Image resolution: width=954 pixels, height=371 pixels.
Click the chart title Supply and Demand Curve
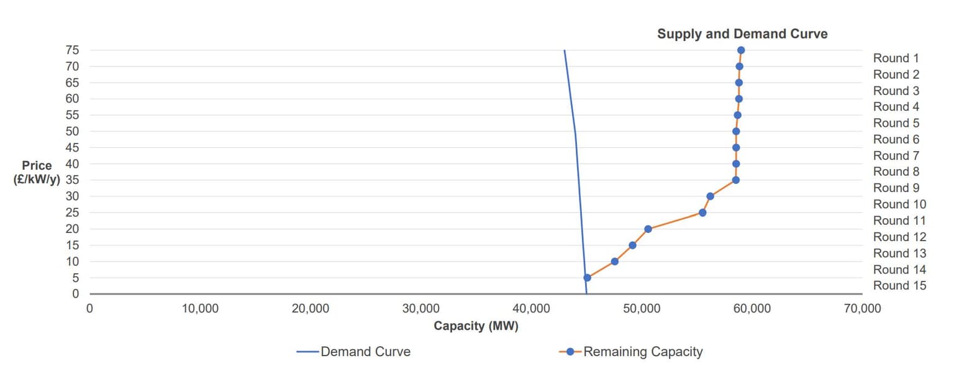[x=742, y=34]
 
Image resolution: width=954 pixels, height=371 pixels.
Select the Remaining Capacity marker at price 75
[x=741, y=50]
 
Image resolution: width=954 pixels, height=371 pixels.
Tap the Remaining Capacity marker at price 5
[x=587, y=278]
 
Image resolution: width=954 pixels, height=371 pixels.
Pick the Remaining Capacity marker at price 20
[x=648, y=229]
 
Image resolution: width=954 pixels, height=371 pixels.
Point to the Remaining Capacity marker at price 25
[x=702, y=213]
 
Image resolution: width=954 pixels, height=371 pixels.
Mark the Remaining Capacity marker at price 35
[x=736, y=180]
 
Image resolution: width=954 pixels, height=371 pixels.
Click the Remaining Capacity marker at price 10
[x=615, y=262]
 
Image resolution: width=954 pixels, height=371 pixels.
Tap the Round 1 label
[x=896, y=58]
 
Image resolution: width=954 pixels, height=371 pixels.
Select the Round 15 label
[x=899, y=286]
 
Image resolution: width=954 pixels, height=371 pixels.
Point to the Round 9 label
[x=896, y=188]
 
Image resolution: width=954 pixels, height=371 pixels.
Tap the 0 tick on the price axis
[x=76, y=294]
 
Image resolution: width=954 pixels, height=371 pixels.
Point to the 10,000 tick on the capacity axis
[x=200, y=309]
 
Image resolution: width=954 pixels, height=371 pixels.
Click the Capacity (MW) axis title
[x=476, y=326]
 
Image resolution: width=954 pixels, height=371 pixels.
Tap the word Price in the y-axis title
[x=37, y=166]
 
